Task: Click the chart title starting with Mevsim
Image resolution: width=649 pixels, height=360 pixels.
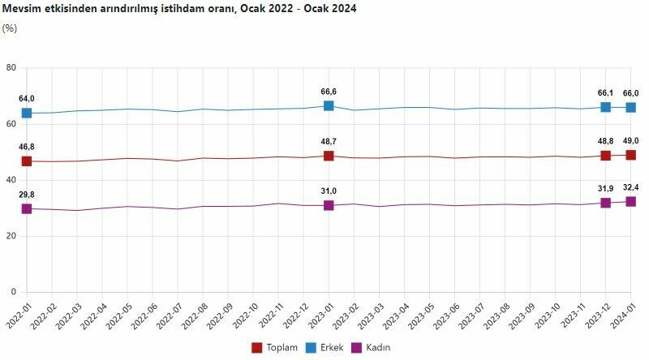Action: (179, 8)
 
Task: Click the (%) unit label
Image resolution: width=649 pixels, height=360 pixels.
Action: (10, 28)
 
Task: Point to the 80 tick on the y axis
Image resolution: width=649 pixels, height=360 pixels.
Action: (11, 67)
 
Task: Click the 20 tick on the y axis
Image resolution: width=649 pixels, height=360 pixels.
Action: (11, 236)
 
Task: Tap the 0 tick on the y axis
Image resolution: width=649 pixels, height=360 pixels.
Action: (14, 292)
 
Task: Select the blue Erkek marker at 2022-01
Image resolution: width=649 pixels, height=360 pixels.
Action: (27, 113)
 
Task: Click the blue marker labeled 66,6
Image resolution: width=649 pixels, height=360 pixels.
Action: (329, 106)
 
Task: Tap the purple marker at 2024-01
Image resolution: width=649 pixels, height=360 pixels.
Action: (630, 201)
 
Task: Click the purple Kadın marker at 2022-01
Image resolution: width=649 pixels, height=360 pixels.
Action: (27, 208)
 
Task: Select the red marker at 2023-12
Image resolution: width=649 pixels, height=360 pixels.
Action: (605, 156)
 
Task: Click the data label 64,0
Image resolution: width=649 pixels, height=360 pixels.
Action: (27, 99)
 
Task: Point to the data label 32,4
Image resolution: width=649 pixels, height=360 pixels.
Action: (630, 187)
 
